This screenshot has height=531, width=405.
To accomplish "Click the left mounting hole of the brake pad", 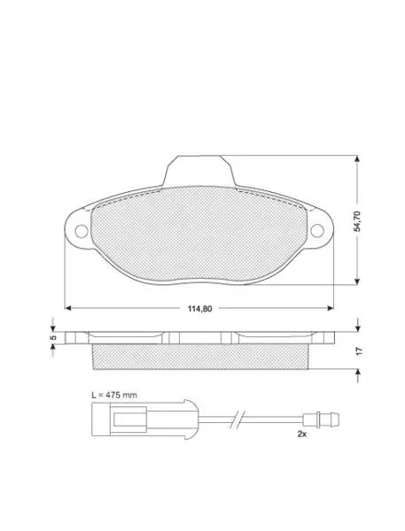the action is click(82, 231).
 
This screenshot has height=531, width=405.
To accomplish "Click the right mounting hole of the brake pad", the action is click(317, 231).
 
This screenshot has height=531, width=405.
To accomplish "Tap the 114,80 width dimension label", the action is click(199, 309).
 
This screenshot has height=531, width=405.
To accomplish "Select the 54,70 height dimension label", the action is click(357, 221).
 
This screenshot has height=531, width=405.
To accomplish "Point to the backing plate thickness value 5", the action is click(52, 338).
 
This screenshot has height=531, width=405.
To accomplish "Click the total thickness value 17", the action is click(360, 350).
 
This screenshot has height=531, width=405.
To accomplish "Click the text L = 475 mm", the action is click(114, 395).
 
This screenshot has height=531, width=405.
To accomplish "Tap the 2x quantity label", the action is click(302, 434).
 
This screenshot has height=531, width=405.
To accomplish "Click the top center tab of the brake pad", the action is click(199, 171).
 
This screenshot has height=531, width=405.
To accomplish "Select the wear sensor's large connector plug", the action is click(144, 419).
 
